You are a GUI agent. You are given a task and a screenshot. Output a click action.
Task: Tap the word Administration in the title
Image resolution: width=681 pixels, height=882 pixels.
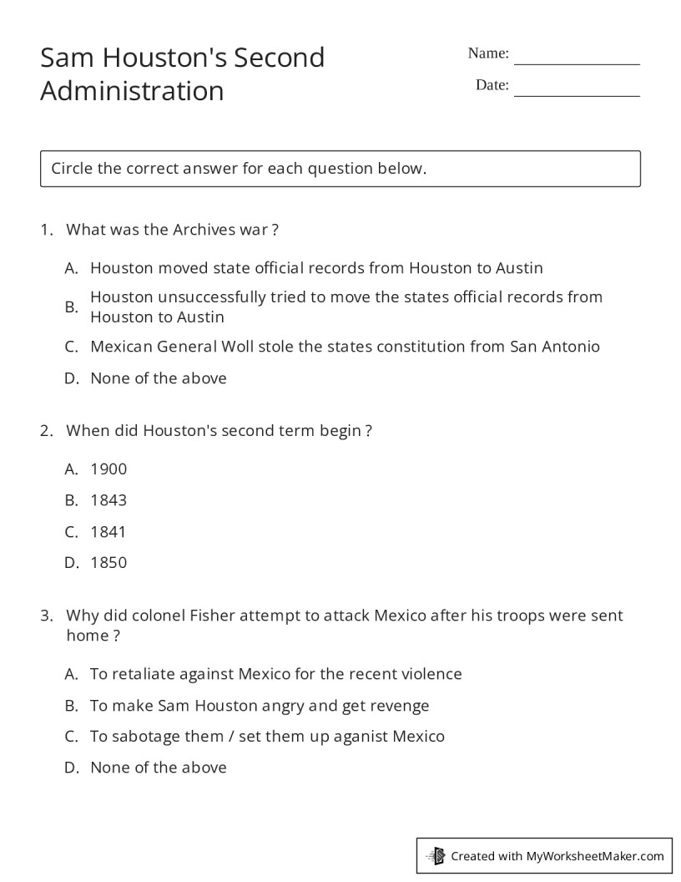(x=132, y=90)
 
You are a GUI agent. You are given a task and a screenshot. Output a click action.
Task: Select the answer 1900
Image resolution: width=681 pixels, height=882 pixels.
(x=108, y=469)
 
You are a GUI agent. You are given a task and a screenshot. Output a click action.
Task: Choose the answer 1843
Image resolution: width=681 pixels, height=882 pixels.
(x=108, y=500)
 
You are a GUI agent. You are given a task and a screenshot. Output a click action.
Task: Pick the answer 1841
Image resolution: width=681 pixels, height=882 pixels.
(x=108, y=531)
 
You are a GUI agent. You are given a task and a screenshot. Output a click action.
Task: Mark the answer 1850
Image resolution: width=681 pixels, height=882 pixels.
(x=108, y=562)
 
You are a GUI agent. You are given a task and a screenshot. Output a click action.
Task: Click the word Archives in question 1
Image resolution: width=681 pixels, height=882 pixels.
(x=204, y=230)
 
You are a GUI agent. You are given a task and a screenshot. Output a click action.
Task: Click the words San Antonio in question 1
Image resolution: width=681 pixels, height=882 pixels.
(x=555, y=347)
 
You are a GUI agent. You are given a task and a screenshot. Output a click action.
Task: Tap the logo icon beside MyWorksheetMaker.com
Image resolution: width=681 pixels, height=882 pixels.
(x=436, y=855)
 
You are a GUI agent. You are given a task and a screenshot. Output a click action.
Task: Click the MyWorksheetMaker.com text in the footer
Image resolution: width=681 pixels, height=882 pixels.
(x=595, y=855)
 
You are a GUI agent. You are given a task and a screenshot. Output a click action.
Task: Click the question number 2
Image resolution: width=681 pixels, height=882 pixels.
(x=46, y=431)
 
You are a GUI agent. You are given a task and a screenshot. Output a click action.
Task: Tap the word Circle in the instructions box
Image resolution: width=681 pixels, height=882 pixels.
(x=72, y=169)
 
